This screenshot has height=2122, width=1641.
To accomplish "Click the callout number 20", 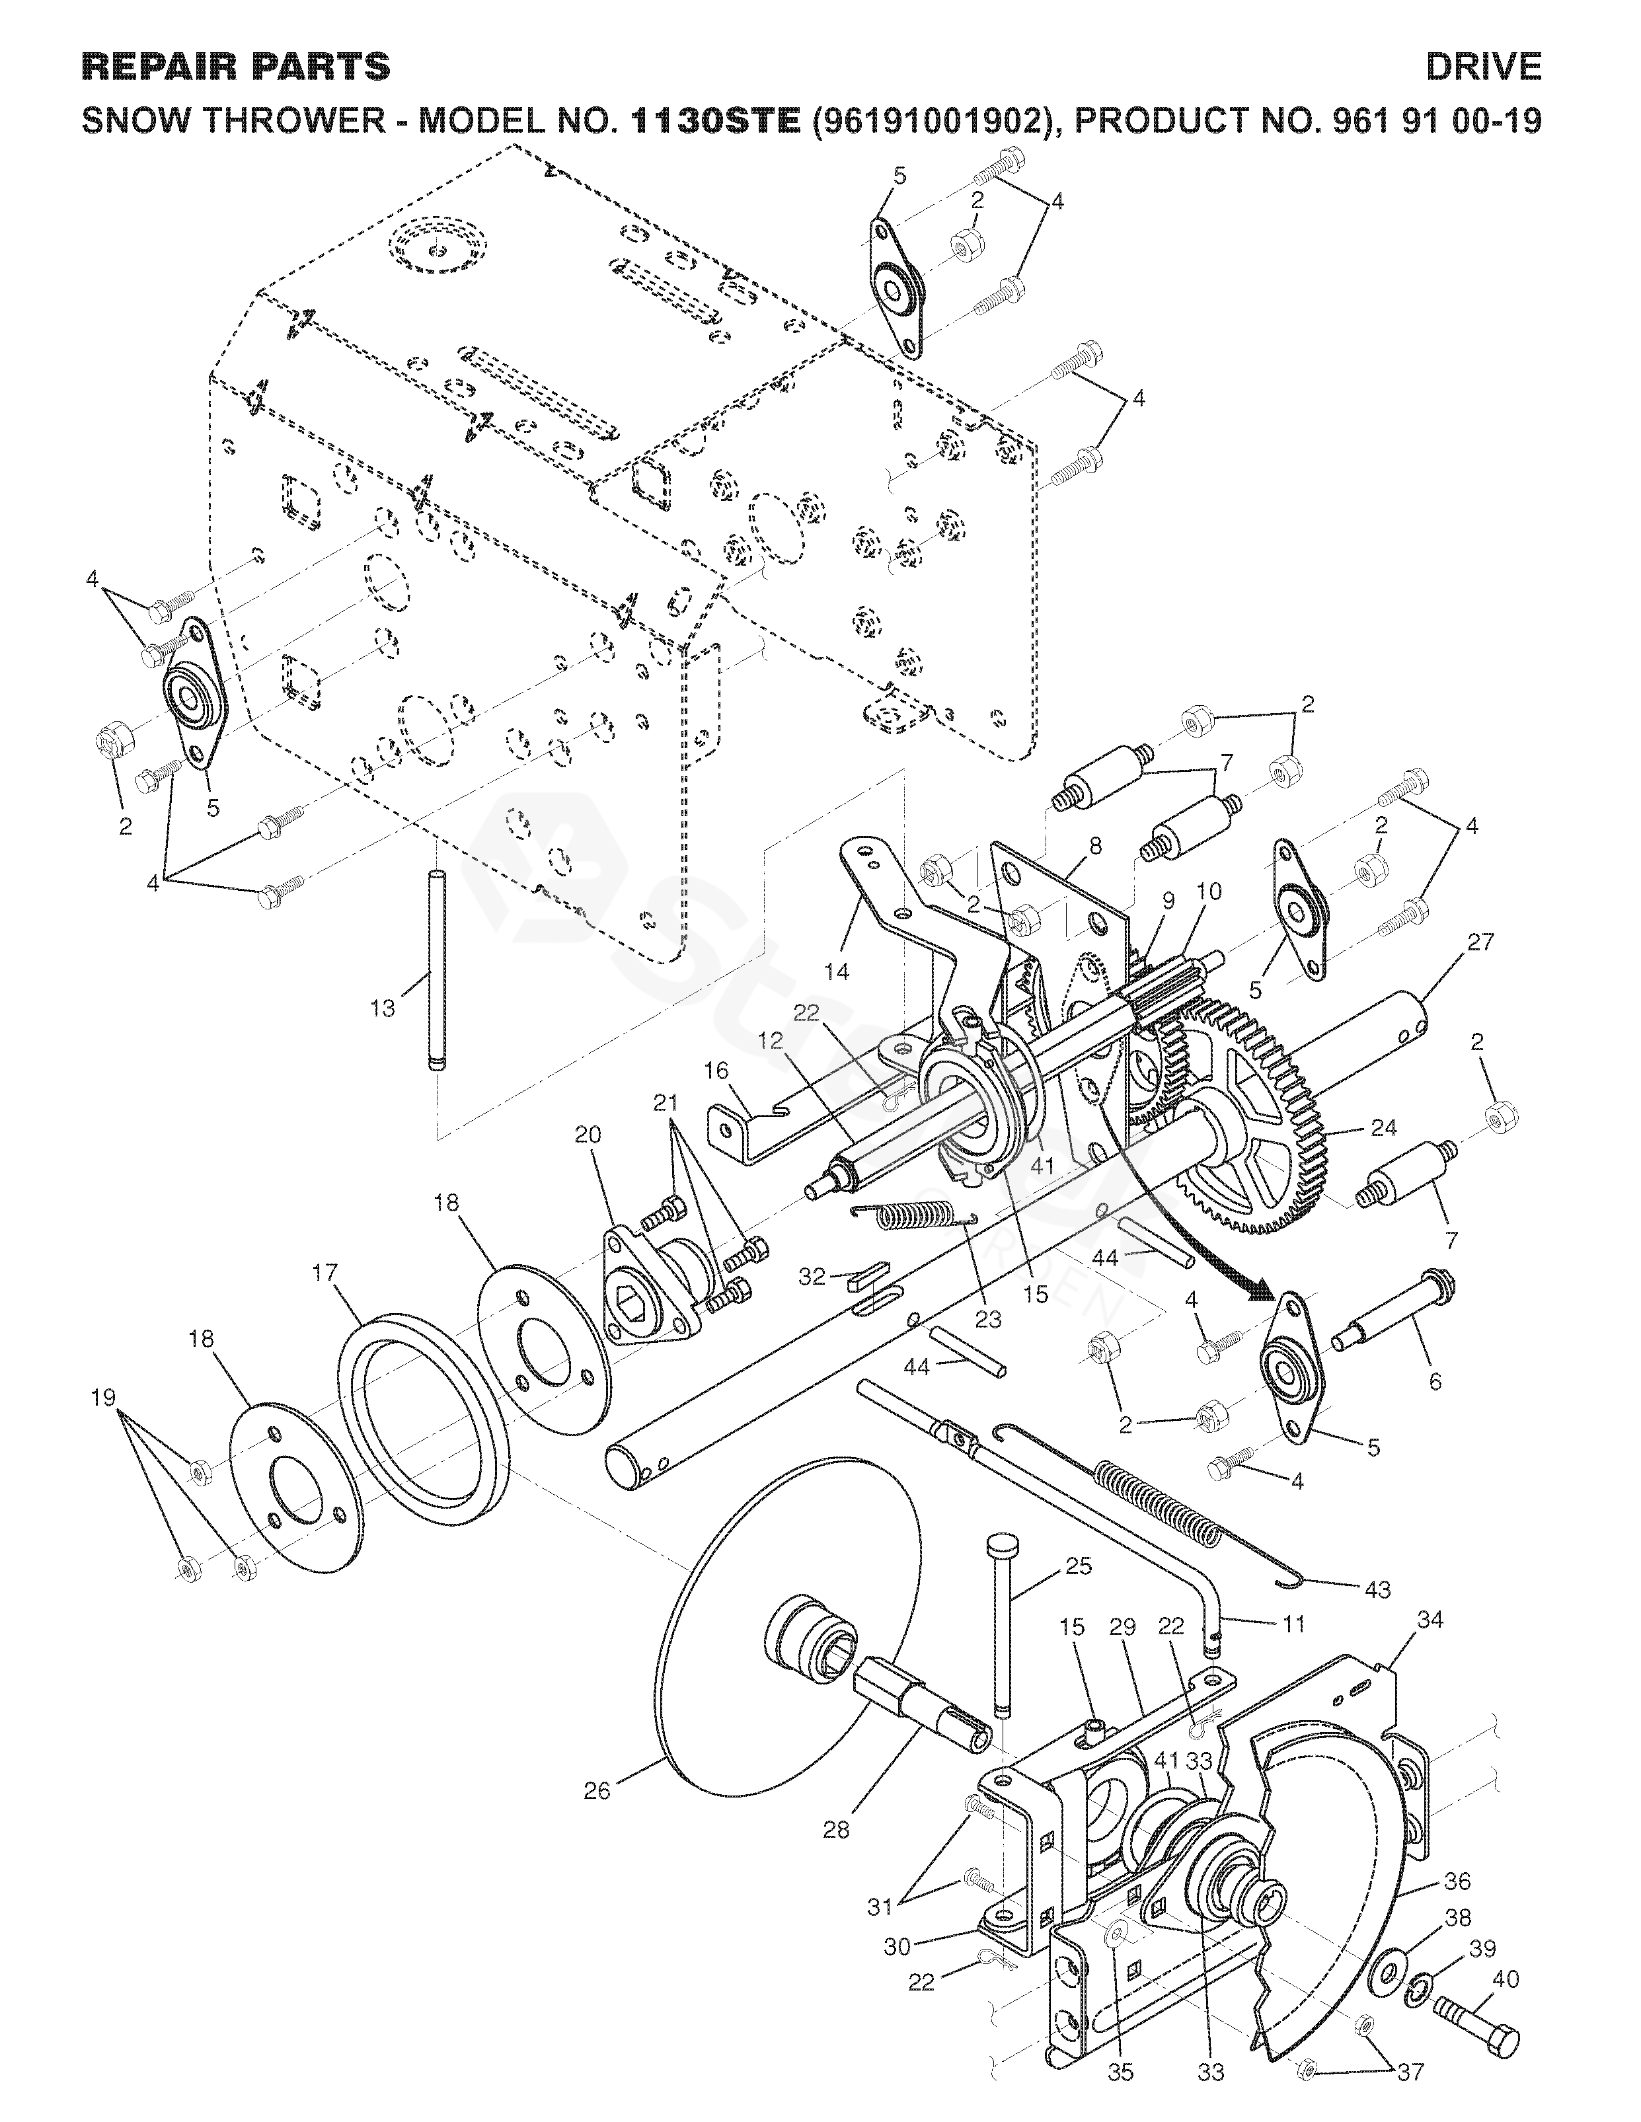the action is coord(588,1134).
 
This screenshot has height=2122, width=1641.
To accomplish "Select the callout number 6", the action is coord(1435,1381).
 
